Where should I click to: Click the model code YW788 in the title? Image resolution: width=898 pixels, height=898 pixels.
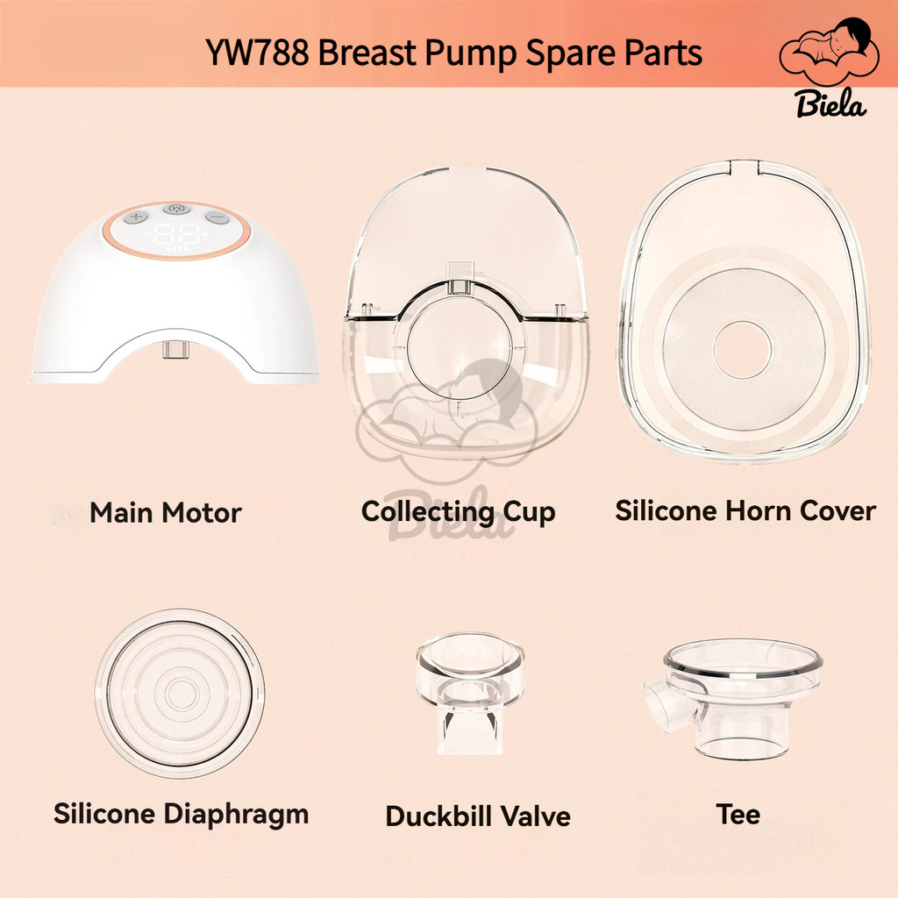coord(257,53)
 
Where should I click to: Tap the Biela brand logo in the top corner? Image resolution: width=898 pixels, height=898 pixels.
coord(830,68)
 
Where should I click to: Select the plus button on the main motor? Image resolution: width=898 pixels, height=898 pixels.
coord(136,217)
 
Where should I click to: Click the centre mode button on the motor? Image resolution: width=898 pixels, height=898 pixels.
coord(176,209)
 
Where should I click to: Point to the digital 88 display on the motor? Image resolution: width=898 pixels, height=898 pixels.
coord(176,235)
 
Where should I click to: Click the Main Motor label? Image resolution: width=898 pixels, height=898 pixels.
coord(166,512)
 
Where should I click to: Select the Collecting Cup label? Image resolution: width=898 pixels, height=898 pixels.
coord(458,511)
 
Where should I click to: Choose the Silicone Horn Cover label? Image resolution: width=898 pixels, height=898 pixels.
coord(745,510)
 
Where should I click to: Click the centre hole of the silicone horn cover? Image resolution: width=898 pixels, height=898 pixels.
coord(742,349)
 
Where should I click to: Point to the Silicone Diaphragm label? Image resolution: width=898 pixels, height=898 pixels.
coord(181,814)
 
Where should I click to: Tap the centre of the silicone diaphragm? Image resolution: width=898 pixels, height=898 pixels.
coord(180,694)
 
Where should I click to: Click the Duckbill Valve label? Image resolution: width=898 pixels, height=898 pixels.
coord(478,816)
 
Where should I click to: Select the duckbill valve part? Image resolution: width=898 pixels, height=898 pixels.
coord(470,693)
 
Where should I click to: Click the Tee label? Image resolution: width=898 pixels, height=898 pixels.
coord(738,814)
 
